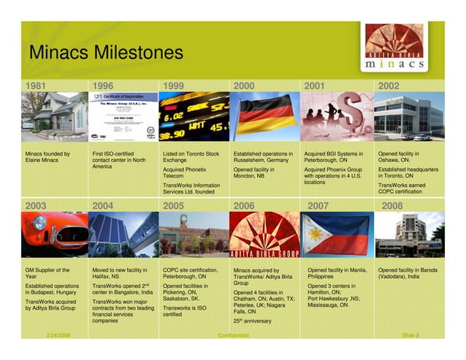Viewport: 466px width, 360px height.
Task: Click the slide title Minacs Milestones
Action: (x=106, y=53)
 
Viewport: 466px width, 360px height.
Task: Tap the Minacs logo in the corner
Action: (x=394, y=47)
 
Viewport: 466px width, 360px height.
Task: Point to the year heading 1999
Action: (x=174, y=85)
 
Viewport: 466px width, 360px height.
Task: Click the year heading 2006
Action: (x=244, y=207)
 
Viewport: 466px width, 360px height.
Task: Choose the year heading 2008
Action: (x=392, y=207)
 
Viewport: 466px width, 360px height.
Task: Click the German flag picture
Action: (x=263, y=116)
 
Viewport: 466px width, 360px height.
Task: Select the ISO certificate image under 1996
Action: (x=122, y=116)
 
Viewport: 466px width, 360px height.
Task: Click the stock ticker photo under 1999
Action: (x=194, y=116)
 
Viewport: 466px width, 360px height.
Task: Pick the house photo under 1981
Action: (x=52, y=116)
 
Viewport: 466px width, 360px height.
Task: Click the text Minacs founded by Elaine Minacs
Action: (x=48, y=158)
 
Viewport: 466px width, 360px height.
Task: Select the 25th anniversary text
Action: (x=253, y=321)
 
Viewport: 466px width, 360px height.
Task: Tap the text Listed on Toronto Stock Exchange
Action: (x=191, y=158)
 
